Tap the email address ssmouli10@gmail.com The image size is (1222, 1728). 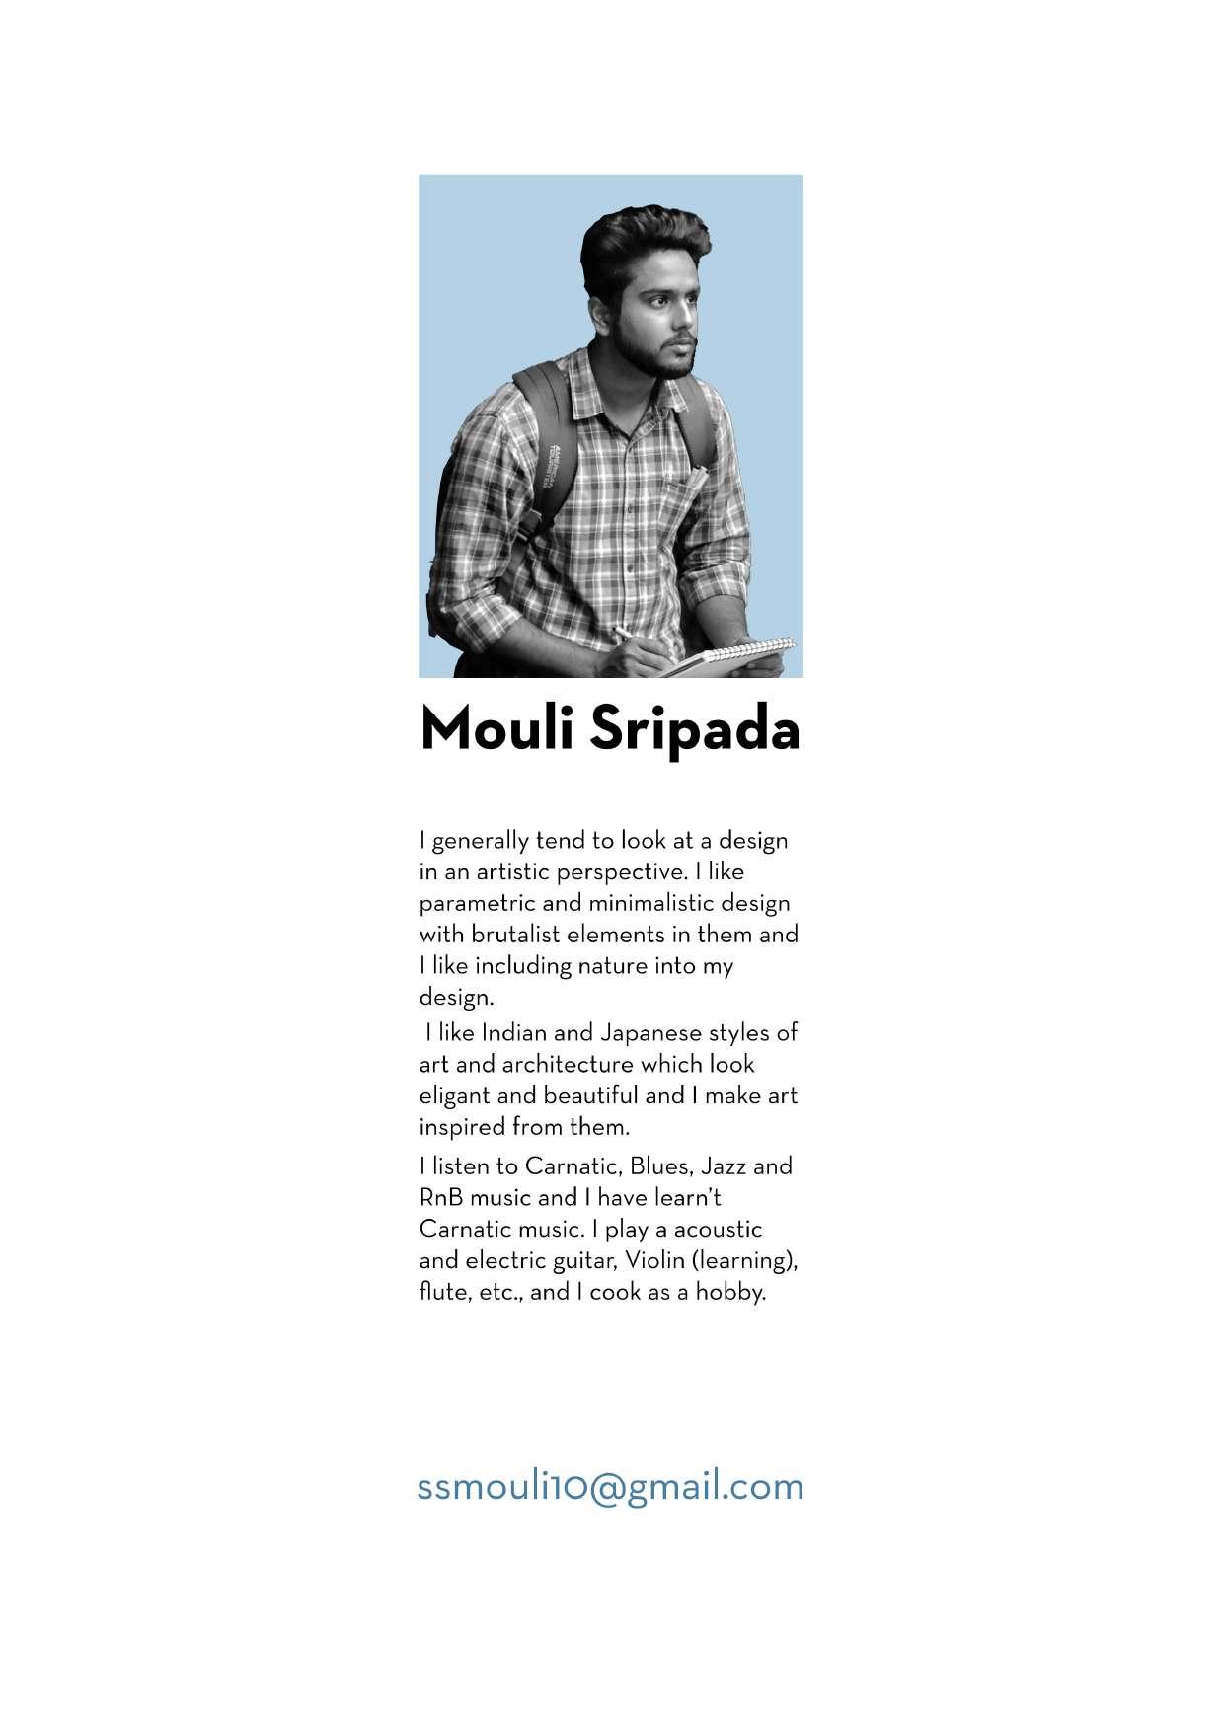click(610, 1486)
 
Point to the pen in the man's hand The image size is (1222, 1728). click(625, 635)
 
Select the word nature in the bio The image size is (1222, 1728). click(617, 966)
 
